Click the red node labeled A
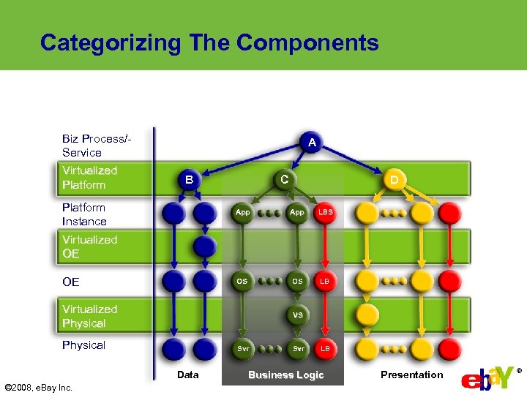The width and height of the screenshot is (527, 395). point(312,143)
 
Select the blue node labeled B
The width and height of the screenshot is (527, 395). point(189,179)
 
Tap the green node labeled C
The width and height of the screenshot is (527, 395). point(284,178)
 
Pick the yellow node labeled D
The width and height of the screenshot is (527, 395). point(395,179)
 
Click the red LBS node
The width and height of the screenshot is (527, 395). point(325,212)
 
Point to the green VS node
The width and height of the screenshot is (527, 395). point(298,315)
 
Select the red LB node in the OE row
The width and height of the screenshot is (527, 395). point(325,281)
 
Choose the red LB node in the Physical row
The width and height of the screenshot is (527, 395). point(325,349)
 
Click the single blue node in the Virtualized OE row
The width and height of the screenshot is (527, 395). point(206,247)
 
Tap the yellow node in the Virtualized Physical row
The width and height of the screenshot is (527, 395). point(367,315)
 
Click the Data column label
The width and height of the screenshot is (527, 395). point(188,375)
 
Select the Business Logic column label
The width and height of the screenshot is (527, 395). point(285,375)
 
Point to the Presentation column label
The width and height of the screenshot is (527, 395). point(411,375)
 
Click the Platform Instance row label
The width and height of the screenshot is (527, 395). point(84,214)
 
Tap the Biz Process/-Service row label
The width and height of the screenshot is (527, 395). point(96,146)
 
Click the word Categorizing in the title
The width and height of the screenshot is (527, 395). point(110,43)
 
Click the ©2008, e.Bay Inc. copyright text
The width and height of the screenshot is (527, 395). point(39,387)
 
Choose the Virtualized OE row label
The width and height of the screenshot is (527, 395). point(89,247)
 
